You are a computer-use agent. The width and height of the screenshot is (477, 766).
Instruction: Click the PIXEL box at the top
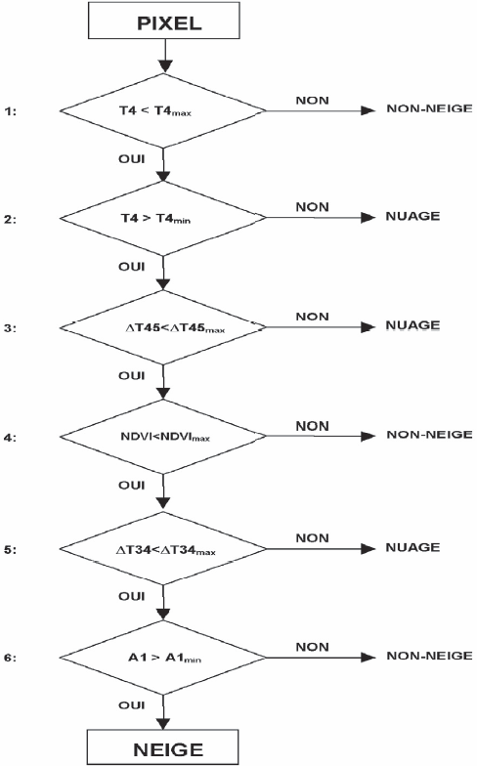164,20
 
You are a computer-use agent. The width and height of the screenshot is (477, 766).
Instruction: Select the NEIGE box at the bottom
162,746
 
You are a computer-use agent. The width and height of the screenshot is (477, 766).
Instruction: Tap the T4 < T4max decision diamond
162,110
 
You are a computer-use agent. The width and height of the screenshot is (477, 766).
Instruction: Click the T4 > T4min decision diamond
162,218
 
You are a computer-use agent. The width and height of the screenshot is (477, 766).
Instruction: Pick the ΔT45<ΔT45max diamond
162,327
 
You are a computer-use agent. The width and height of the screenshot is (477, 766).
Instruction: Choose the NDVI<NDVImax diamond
162,436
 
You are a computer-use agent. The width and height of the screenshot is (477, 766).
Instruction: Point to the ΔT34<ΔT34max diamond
162,549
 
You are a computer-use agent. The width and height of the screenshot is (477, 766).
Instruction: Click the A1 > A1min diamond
162,658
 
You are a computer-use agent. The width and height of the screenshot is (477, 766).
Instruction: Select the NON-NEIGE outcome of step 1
430,108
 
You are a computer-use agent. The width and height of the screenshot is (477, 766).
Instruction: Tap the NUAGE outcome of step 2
412,216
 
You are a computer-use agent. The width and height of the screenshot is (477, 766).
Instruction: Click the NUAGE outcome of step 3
412,325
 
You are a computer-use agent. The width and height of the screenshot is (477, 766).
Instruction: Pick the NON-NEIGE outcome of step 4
430,434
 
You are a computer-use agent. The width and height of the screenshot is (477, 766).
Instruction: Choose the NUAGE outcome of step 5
412,547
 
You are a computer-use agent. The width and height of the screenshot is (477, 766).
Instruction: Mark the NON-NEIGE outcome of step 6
430,656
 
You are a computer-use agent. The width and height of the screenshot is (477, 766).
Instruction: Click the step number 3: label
10,328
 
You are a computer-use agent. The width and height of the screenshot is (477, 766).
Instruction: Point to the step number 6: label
10,659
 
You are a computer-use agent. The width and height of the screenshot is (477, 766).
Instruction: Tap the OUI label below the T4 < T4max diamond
131,158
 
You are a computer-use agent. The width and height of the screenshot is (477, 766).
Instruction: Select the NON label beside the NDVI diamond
313,426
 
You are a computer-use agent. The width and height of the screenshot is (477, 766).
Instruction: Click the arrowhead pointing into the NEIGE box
163,724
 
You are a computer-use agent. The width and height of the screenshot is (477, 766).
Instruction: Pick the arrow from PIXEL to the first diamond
165,57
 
